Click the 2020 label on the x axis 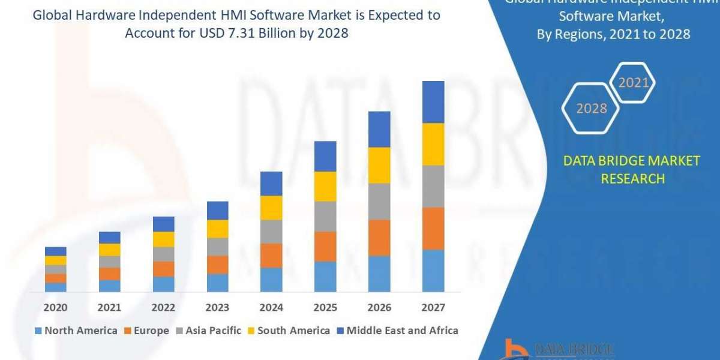pyautogui.click(x=55, y=308)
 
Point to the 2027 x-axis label pyautogui.click(x=433, y=308)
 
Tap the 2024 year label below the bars pyautogui.click(x=271, y=308)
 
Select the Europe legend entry pyautogui.click(x=147, y=331)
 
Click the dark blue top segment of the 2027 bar pyautogui.click(x=433, y=102)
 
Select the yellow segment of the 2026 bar pyautogui.click(x=379, y=165)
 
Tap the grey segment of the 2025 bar pyautogui.click(x=325, y=217)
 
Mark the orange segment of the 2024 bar pyautogui.click(x=271, y=256)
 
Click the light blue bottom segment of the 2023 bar pyautogui.click(x=217, y=283)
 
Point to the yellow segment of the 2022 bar pyautogui.click(x=163, y=239)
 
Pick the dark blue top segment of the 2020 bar pyautogui.click(x=55, y=251)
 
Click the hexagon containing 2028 pyautogui.click(x=591, y=109)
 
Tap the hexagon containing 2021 pyautogui.click(x=634, y=83)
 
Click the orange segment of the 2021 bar pyautogui.click(x=109, y=274)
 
